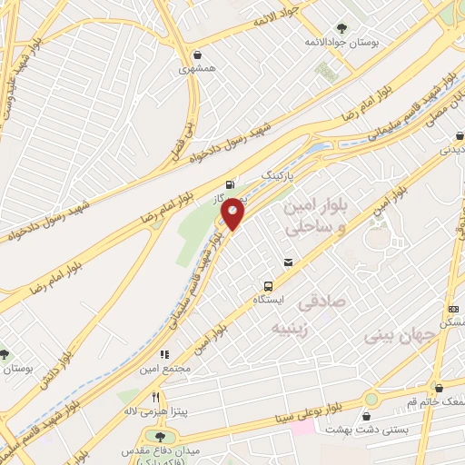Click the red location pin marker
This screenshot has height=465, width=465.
233,213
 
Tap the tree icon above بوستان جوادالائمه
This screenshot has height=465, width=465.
341,28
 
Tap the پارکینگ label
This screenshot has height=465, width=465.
280,172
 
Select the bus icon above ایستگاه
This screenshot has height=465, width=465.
268,284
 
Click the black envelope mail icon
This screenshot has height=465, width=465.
288,263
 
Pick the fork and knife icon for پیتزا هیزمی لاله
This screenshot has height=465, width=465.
155,397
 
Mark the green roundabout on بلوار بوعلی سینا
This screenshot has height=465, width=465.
371,399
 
